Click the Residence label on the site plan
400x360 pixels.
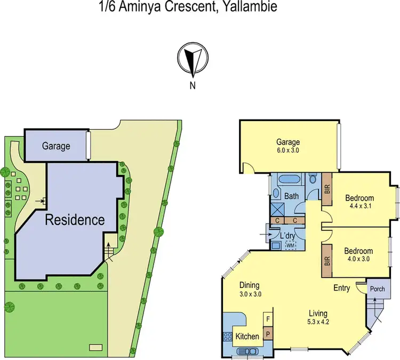(x=75, y=219)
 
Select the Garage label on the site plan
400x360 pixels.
(x=57, y=146)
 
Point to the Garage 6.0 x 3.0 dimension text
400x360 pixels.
(x=288, y=150)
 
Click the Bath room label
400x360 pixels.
(x=291, y=196)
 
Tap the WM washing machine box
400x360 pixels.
(x=291, y=245)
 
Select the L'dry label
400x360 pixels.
(x=289, y=235)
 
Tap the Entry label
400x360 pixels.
(x=342, y=288)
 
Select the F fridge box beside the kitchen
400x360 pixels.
(x=268, y=319)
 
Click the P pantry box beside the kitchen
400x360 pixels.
(x=268, y=334)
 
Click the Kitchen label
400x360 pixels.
(x=247, y=337)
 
